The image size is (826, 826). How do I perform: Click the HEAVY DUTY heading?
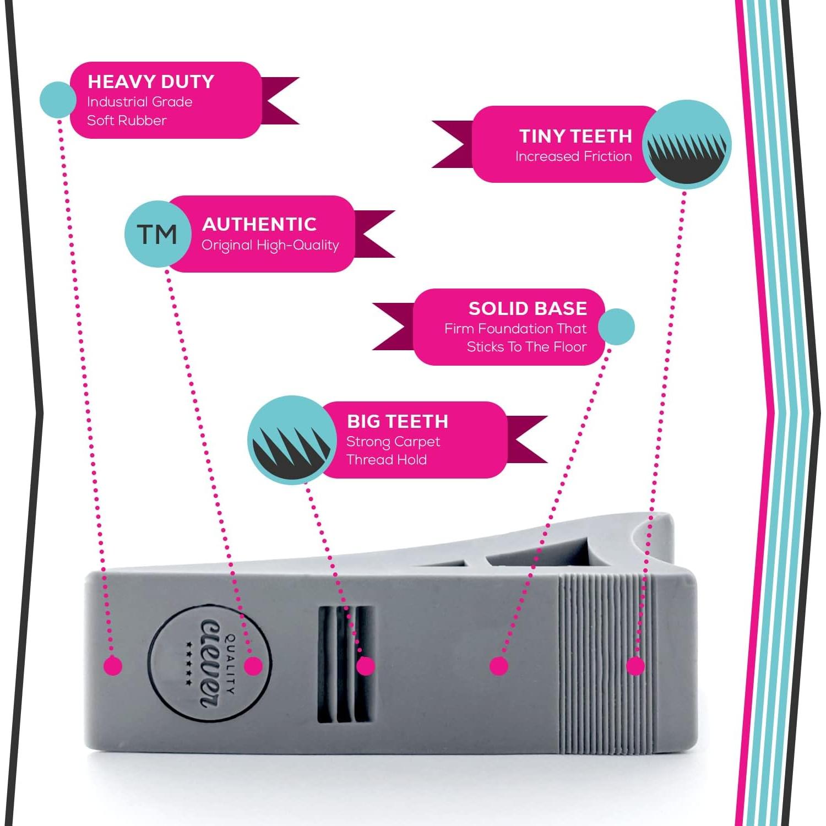click(151, 82)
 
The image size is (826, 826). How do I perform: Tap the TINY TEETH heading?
click(575, 136)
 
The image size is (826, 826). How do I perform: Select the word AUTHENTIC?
click(259, 224)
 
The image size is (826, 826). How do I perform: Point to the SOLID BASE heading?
click(528, 308)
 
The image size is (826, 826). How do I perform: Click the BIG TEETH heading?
click(397, 421)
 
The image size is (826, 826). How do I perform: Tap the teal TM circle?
click(157, 234)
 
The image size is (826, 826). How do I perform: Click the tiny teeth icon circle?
click(687, 145)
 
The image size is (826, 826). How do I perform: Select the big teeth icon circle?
click(291, 439)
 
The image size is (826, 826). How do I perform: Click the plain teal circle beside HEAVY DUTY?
click(58, 100)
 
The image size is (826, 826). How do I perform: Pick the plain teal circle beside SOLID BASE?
click(616, 327)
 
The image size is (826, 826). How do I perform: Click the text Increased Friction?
click(573, 156)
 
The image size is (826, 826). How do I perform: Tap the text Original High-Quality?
click(270, 245)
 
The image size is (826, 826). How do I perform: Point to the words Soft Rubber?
click(127, 121)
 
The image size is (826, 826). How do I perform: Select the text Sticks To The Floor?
click(526, 347)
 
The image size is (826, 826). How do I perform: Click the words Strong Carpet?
click(393, 442)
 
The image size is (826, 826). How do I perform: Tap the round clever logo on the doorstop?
click(209, 664)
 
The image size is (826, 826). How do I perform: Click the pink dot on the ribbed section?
click(635, 666)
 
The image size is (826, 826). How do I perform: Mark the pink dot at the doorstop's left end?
click(113, 666)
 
